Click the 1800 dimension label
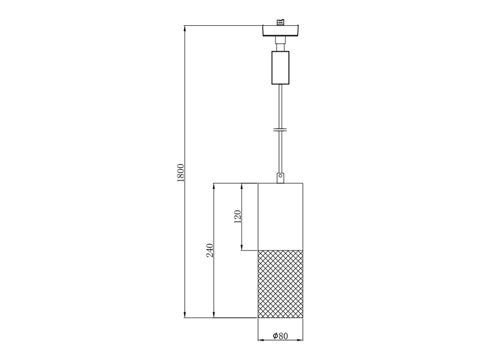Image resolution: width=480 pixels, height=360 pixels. click(x=181, y=173)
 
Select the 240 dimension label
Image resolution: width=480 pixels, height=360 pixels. click(x=209, y=250)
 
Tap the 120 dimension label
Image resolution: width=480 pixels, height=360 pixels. click(x=238, y=217)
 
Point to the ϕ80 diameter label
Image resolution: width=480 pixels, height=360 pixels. click(x=280, y=336)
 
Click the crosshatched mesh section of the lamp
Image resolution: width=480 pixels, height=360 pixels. click(x=280, y=284)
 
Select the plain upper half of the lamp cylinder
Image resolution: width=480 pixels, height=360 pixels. click(x=280, y=217)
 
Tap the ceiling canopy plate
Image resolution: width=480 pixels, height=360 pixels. click(x=280, y=31)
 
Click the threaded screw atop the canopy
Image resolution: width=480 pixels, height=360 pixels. click(x=280, y=22)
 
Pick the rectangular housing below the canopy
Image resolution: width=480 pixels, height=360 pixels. click(x=280, y=68)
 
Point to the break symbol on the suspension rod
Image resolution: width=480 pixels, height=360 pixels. click(x=280, y=130)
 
